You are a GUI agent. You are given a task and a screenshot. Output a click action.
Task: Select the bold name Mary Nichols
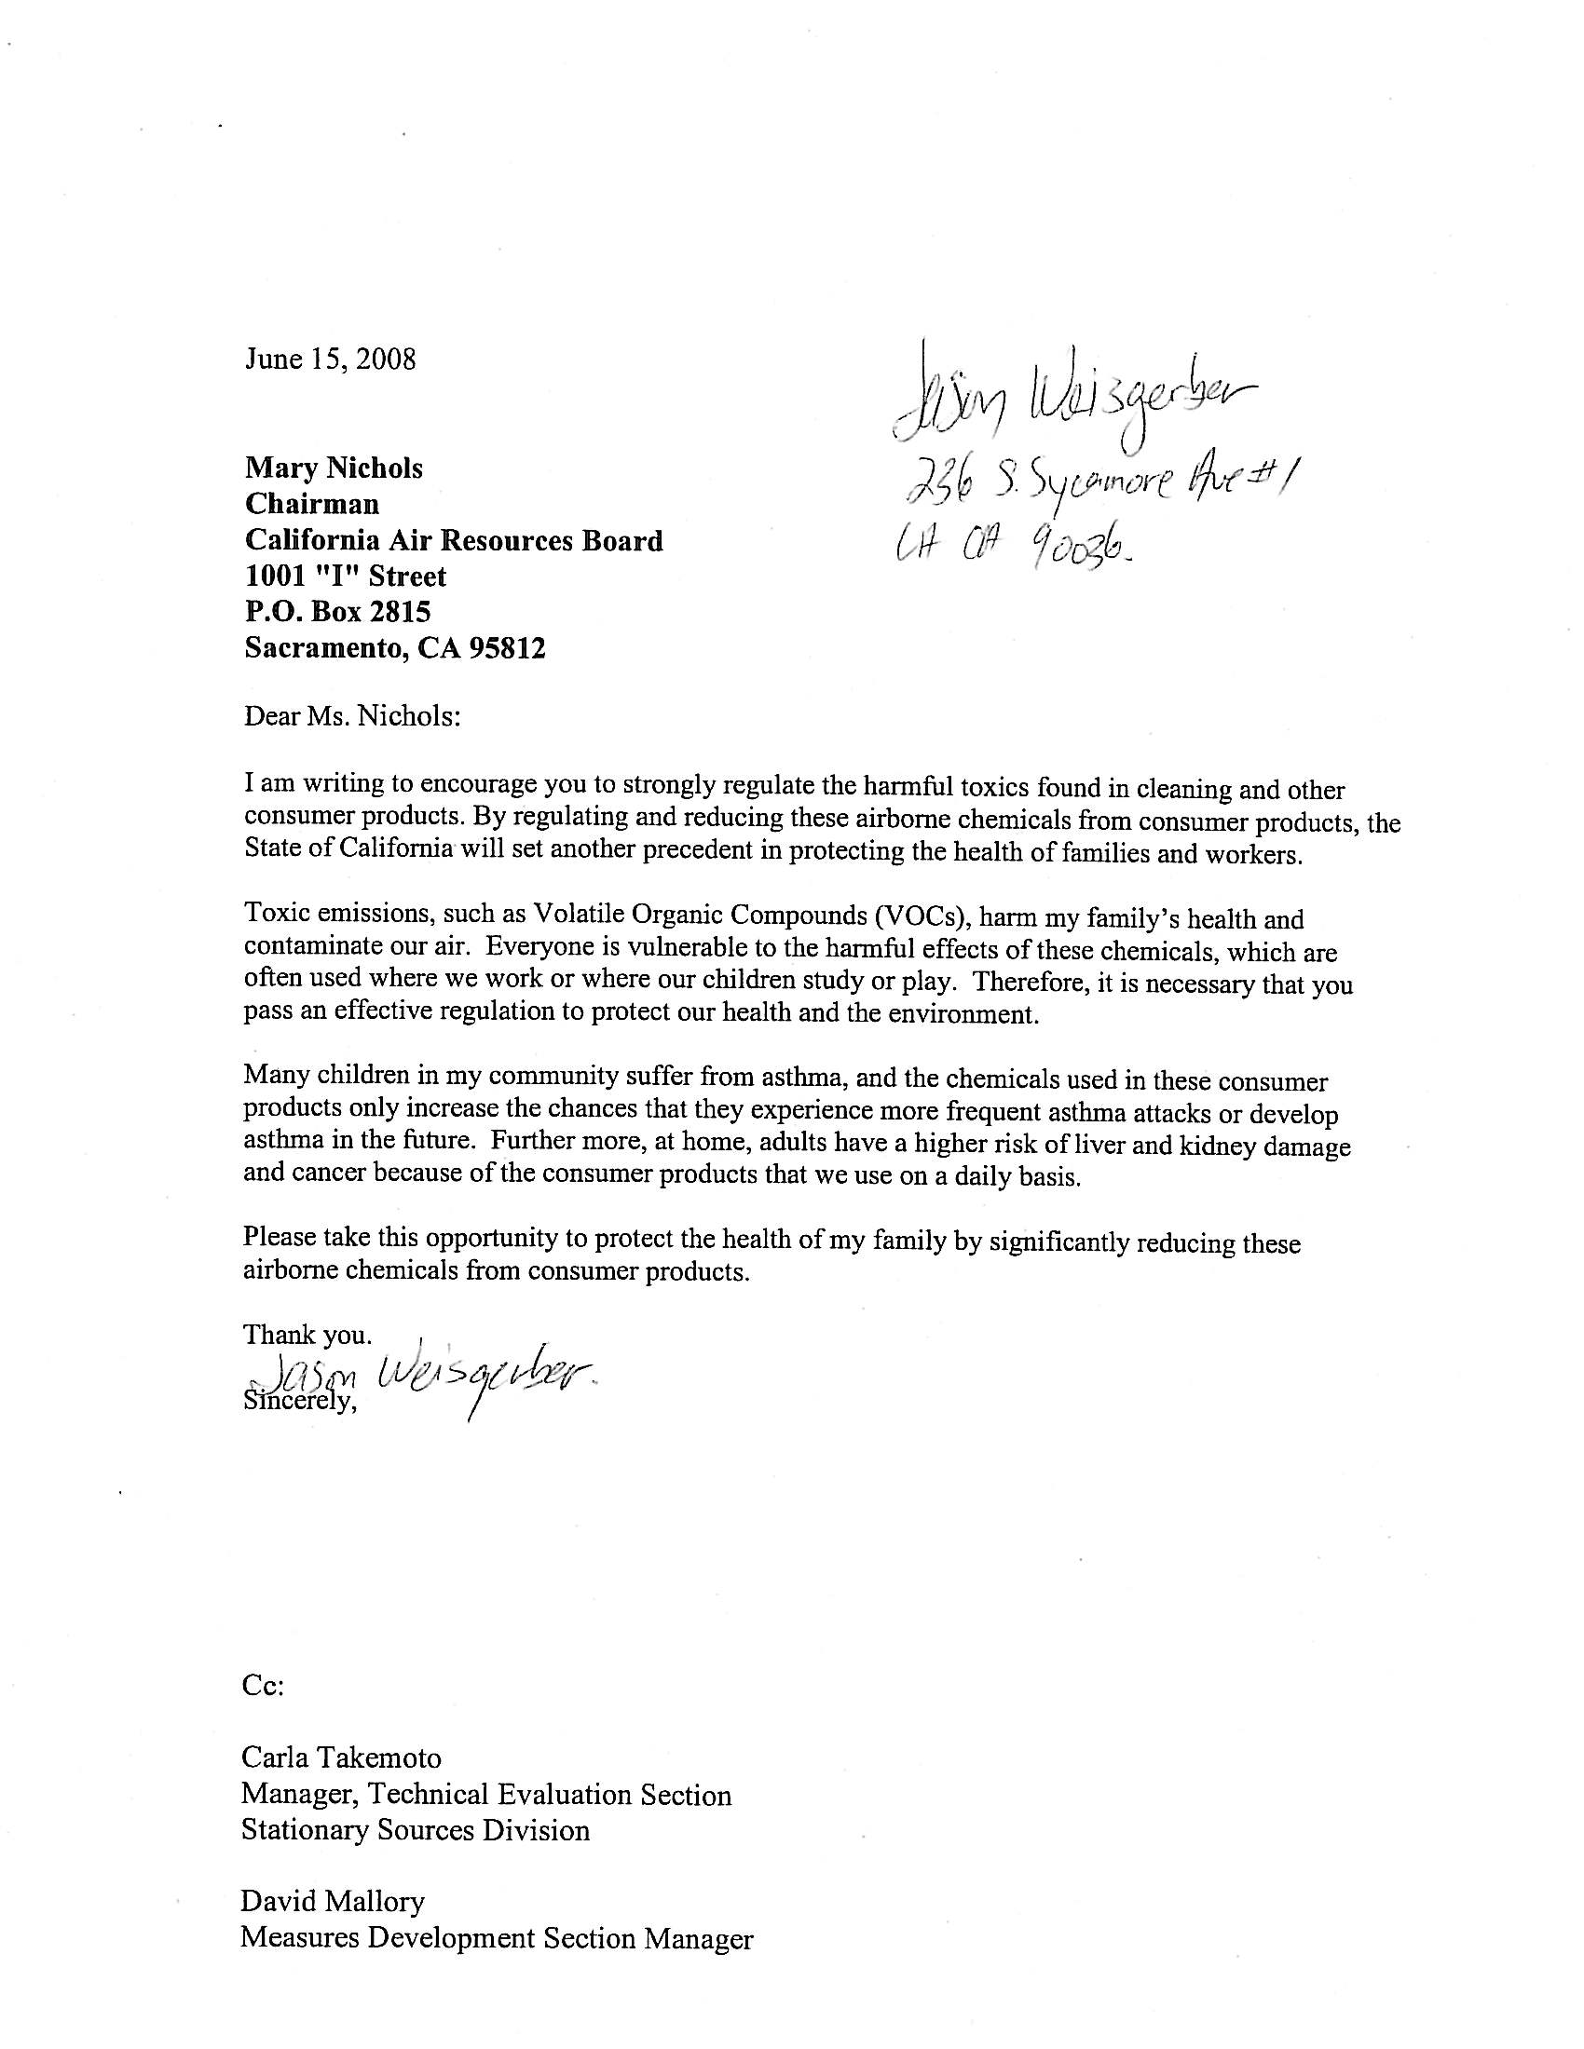point(335,468)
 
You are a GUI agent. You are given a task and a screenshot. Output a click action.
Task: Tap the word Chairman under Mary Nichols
point(311,505)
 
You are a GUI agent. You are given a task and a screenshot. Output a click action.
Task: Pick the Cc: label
point(262,1685)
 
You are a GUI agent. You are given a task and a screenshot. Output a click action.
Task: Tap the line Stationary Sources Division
point(415,1829)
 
